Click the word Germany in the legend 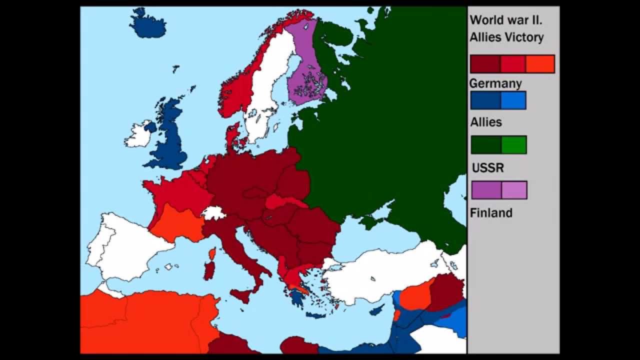pos(495,83)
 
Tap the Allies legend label pos(486,122)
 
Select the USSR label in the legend pos(487,168)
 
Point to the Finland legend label pos(491,213)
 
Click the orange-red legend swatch pos(540,64)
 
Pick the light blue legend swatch pos(513,100)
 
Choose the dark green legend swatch pos(486,145)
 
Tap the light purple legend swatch pos(514,190)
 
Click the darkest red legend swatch pos(485,64)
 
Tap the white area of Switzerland pos(214,213)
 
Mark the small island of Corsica pos(212,254)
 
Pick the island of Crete pos(315,315)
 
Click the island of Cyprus pos(377,310)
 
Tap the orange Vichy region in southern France pos(175,222)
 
